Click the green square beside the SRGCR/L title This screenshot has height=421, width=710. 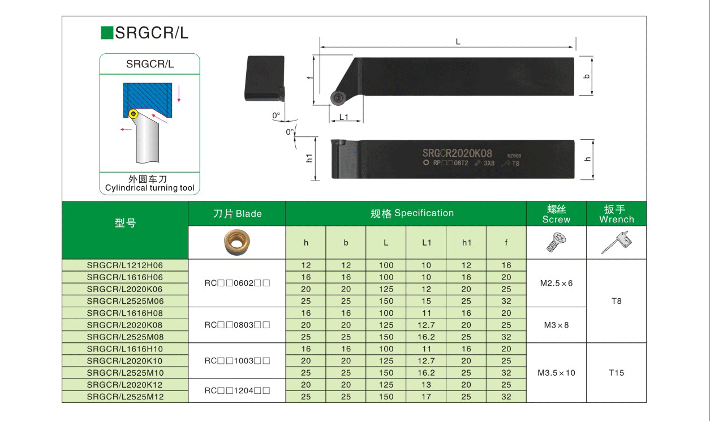click(107, 33)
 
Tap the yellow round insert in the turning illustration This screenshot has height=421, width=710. click(134, 114)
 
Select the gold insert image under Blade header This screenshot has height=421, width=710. click(237, 243)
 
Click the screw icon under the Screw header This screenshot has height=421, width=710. click(556, 243)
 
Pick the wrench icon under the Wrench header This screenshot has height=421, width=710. click(617, 243)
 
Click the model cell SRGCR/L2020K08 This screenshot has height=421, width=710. click(124, 325)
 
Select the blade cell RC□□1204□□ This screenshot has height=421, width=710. click(237, 390)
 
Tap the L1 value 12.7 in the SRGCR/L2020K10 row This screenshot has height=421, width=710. click(426, 361)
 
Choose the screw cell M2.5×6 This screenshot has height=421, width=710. click(556, 283)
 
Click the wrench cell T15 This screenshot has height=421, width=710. click(617, 373)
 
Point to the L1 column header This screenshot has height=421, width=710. click(427, 243)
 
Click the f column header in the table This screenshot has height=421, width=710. click(506, 243)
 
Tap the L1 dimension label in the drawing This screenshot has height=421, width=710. click(344, 117)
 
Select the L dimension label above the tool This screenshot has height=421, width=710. click(458, 41)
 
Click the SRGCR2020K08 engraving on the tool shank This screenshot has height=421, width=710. click(457, 153)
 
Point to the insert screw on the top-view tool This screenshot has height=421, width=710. click(337, 98)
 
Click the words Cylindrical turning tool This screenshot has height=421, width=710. click(149, 188)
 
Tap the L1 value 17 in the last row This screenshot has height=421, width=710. click(426, 397)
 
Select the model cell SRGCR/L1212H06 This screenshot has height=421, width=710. click(124, 265)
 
